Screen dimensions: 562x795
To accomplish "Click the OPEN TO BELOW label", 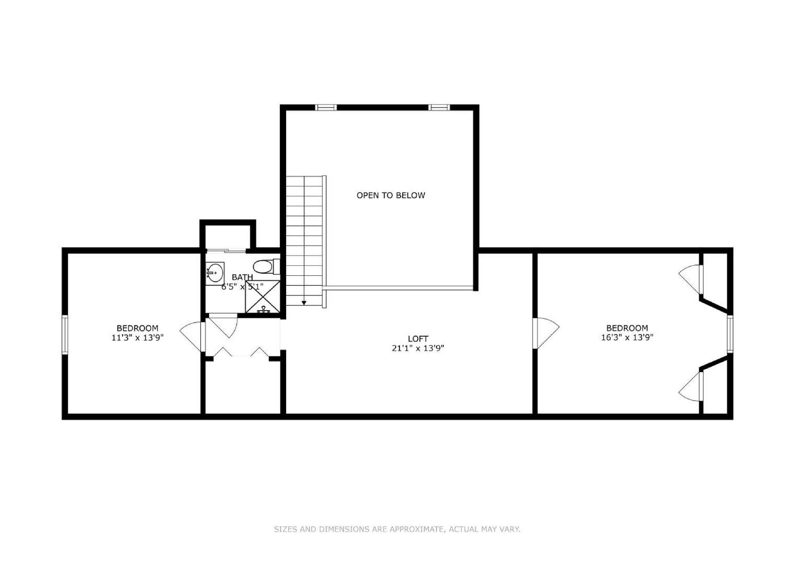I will point(390,196).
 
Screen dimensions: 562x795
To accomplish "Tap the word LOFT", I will point(418,339).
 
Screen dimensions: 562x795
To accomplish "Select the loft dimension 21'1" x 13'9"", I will point(418,348).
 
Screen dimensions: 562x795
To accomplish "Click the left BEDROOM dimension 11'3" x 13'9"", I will point(137,337).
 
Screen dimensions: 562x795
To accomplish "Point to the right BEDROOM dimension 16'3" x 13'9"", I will point(627,337).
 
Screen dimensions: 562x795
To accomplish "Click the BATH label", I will point(242,277).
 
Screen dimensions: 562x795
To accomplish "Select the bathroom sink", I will point(214,272).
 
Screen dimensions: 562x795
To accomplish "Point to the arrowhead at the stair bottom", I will point(304,302).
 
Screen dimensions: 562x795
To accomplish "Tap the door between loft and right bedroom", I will point(546,332).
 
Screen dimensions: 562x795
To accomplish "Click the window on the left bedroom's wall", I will point(65,334).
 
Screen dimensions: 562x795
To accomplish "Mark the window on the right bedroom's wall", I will point(729,334).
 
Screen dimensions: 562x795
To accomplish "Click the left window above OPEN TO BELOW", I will point(326,108).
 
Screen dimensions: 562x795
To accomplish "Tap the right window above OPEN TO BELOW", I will point(439,108).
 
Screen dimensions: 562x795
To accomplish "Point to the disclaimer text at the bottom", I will point(397,529).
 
